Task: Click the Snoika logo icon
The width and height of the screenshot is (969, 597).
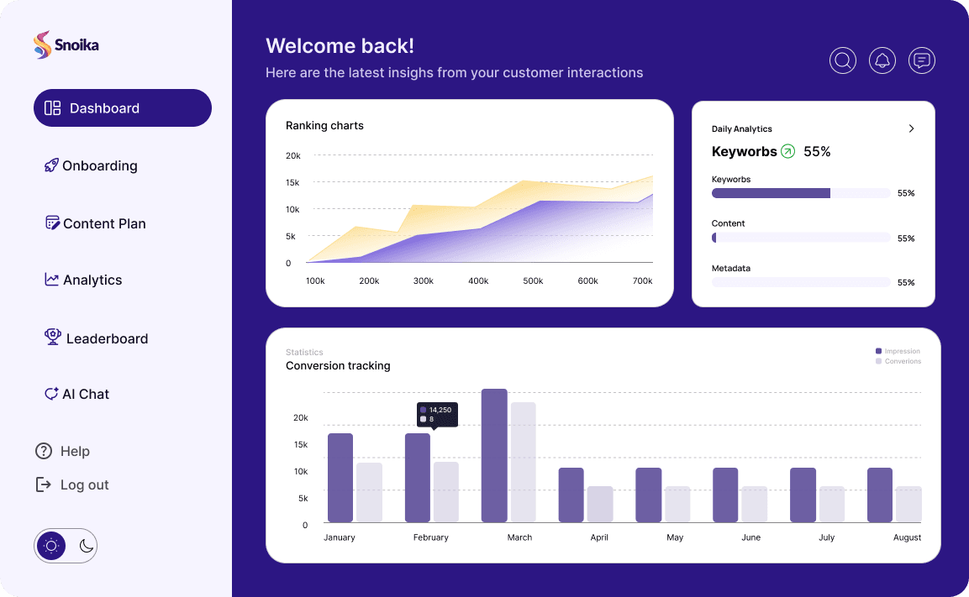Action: [x=42, y=45]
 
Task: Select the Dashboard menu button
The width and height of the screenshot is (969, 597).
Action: [x=123, y=108]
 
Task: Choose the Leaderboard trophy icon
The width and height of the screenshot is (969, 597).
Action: [x=53, y=338]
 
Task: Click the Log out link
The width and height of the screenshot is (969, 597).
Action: [x=84, y=484]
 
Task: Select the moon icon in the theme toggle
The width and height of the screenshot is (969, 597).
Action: [x=86, y=546]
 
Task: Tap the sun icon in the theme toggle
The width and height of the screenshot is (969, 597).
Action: [x=51, y=546]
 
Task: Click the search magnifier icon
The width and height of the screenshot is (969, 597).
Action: [x=843, y=60]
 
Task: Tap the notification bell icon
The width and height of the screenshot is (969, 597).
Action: [x=882, y=60]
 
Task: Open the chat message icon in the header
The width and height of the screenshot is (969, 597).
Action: [x=922, y=60]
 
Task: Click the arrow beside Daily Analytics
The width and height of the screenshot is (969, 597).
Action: [x=912, y=128]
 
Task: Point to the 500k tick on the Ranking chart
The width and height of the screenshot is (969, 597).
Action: [x=533, y=281]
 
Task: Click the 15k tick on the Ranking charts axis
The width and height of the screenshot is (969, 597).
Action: [x=293, y=182]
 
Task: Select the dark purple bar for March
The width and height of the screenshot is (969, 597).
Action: [x=494, y=455]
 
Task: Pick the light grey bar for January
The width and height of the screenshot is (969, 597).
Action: [x=369, y=492]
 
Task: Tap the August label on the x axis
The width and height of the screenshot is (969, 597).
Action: [x=908, y=537]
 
